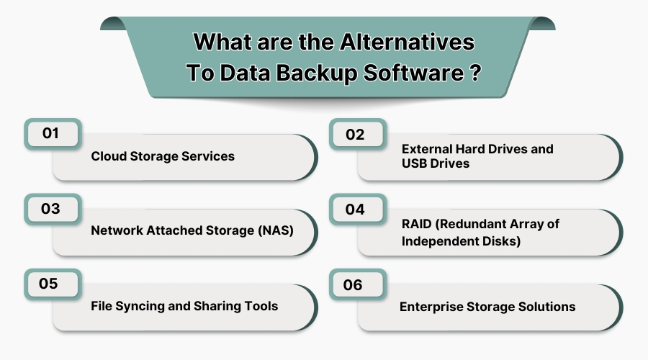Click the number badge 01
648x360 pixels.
point(50,134)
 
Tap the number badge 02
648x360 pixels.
point(354,135)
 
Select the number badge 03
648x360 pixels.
point(50,210)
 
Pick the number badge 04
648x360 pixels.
point(354,210)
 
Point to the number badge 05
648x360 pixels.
point(49,284)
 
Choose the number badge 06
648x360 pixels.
point(353,285)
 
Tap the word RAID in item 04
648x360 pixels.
point(415,224)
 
